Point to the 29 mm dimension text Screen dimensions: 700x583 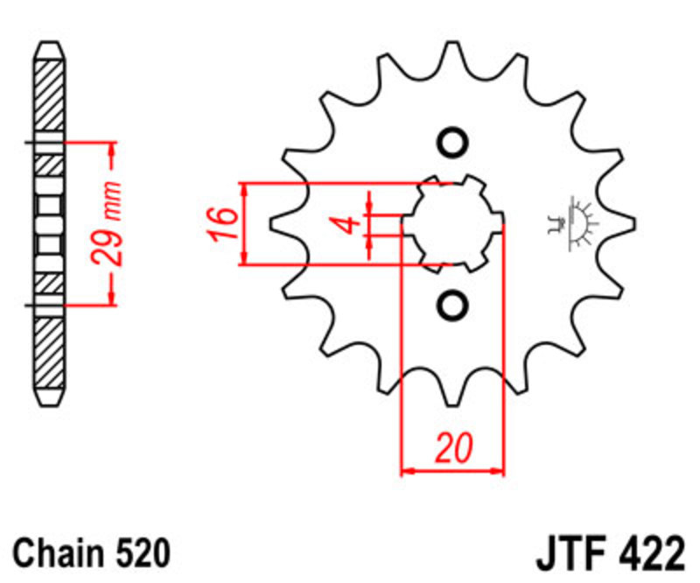[x=106, y=223]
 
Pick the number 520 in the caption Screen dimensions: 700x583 [x=143, y=553]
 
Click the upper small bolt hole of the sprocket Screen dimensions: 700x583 [x=452, y=143]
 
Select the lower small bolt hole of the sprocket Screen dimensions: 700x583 [x=452, y=306]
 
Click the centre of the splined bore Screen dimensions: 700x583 [x=452, y=223]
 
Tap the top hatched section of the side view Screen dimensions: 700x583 [x=49, y=95]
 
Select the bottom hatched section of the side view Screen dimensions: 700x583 [x=49, y=353]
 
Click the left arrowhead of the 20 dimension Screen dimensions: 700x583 [x=408, y=470]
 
